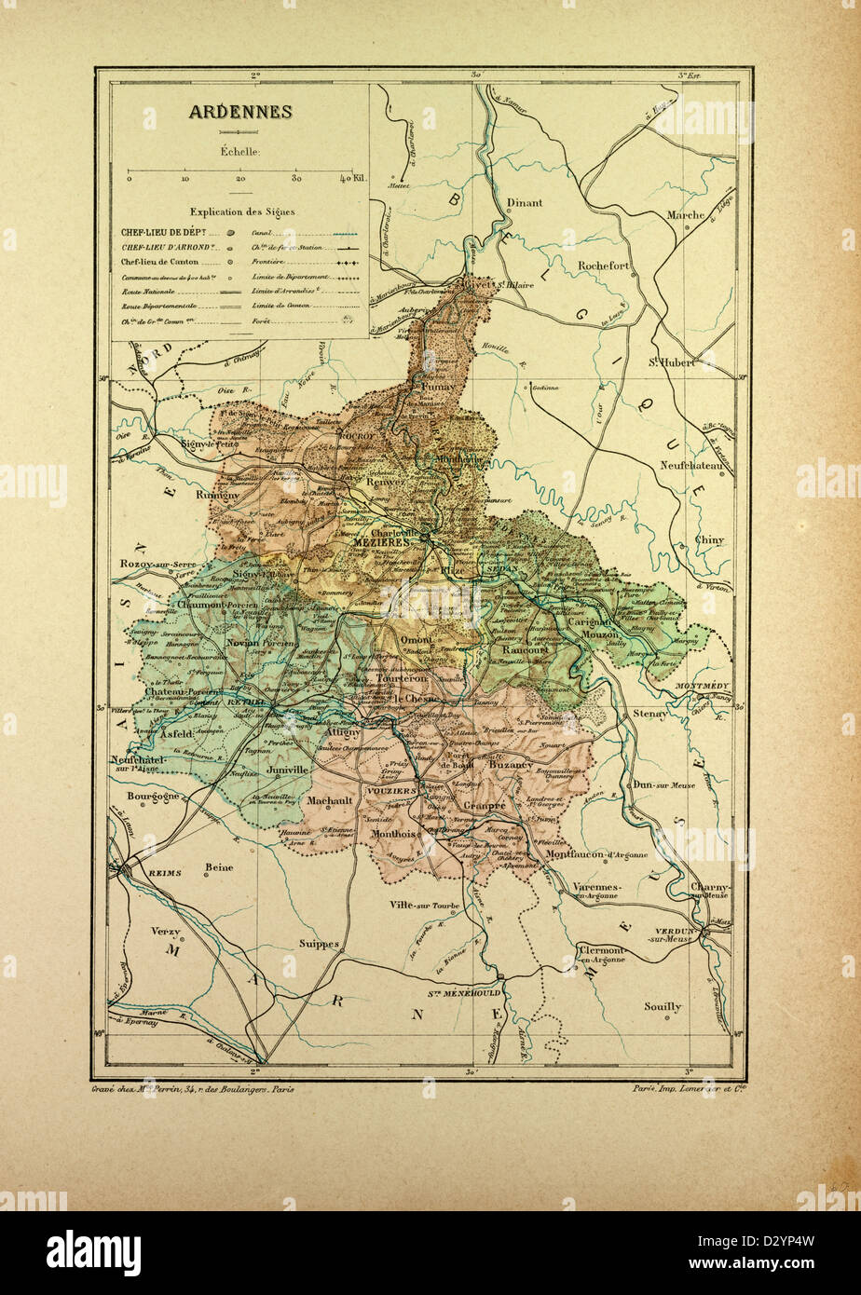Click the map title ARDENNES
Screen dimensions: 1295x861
click(240, 112)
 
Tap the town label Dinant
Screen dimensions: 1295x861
click(524, 202)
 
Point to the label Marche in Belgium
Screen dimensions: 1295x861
click(686, 215)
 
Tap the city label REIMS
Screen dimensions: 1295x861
click(162, 873)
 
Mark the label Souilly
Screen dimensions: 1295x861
click(663, 1006)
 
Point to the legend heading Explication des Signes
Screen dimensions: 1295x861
click(241, 211)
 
